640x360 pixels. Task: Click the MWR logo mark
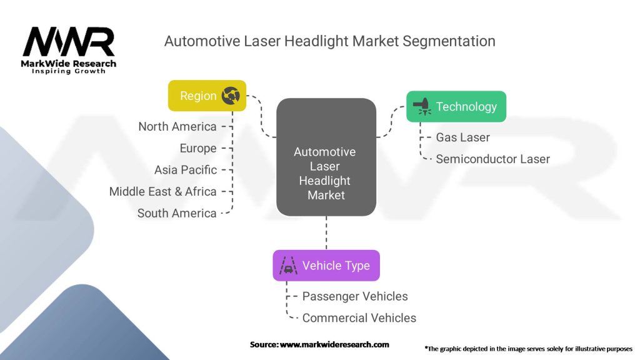tap(69, 41)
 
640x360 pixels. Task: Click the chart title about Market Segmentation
tap(330, 41)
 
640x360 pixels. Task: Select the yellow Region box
tap(207, 96)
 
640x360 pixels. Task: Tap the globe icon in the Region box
tap(231, 96)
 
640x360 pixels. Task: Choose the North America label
tap(177, 126)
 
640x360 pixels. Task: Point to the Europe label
tap(198, 148)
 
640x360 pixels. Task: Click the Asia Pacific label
tap(185, 170)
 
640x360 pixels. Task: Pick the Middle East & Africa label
tap(162, 191)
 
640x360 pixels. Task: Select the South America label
tap(177, 213)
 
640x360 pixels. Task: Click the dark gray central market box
tap(326, 157)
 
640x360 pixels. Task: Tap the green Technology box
tap(456, 106)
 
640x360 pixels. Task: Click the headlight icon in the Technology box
tap(422, 106)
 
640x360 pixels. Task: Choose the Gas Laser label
tap(463, 137)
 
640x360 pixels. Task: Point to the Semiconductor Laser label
tap(492, 159)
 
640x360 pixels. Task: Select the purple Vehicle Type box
tap(326, 265)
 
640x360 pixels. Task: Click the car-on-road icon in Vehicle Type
tap(288, 265)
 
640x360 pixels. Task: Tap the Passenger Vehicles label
tap(355, 296)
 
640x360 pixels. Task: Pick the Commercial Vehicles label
tap(359, 318)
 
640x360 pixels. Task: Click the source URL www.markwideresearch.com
tap(334, 344)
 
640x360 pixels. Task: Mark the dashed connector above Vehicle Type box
tap(326, 233)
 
